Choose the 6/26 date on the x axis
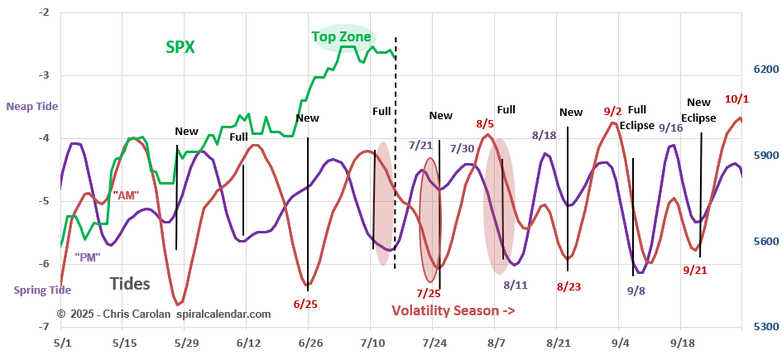tap(309, 343)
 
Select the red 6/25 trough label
tap(305, 304)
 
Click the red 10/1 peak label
tap(736, 99)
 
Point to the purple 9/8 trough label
tap(636, 290)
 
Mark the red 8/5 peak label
tap(485, 124)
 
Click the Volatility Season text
tap(453, 311)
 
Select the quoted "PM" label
tap(87, 257)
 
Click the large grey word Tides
tap(130, 284)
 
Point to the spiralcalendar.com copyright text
tap(164, 314)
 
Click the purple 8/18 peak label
tap(545, 135)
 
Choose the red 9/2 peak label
tap(613, 112)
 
